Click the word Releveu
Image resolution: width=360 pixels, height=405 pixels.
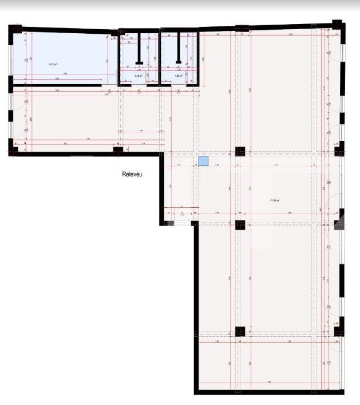[132, 175]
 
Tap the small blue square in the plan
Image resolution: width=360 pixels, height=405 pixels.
[203, 162]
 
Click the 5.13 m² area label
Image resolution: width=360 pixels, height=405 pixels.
[138, 75]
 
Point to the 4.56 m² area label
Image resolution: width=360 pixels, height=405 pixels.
[179, 75]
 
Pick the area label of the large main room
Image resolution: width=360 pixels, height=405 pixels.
[274, 200]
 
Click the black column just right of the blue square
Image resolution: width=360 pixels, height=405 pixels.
[240, 152]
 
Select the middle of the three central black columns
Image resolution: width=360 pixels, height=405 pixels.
[240, 224]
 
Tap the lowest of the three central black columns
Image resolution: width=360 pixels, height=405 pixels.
[240, 331]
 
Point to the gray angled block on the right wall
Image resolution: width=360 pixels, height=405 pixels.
[339, 221]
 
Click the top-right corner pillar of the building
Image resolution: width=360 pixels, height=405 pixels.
[338, 26]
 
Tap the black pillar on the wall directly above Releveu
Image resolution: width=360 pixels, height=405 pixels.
[118, 151]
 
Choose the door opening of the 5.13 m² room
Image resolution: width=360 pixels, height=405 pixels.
[138, 85]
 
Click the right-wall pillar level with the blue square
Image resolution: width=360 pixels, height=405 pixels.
[339, 151]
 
